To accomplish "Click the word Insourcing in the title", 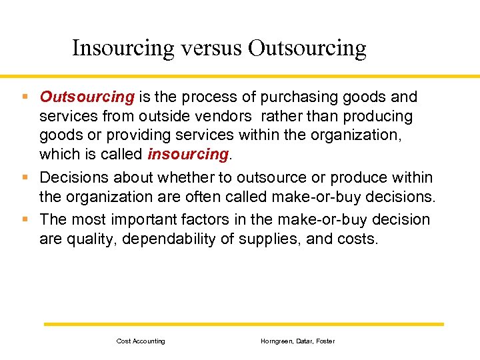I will pyautogui.click(x=121, y=48).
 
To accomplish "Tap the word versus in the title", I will pyautogui.click(x=209, y=48).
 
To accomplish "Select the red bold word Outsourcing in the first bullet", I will pyautogui.click(x=87, y=97).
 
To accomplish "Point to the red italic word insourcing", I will pyautogui.click(x=188, y=154).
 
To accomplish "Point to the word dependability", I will pyautogui.click(x=170, y=238).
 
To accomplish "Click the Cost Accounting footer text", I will pyautogui.click(x=141, y=341).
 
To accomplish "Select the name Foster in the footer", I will pyautogui.click(x=325, y=341).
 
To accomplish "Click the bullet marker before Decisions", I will pyautogui.click(x=25, y=177).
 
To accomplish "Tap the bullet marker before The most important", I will pyautogui.click(x=25, y=219).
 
